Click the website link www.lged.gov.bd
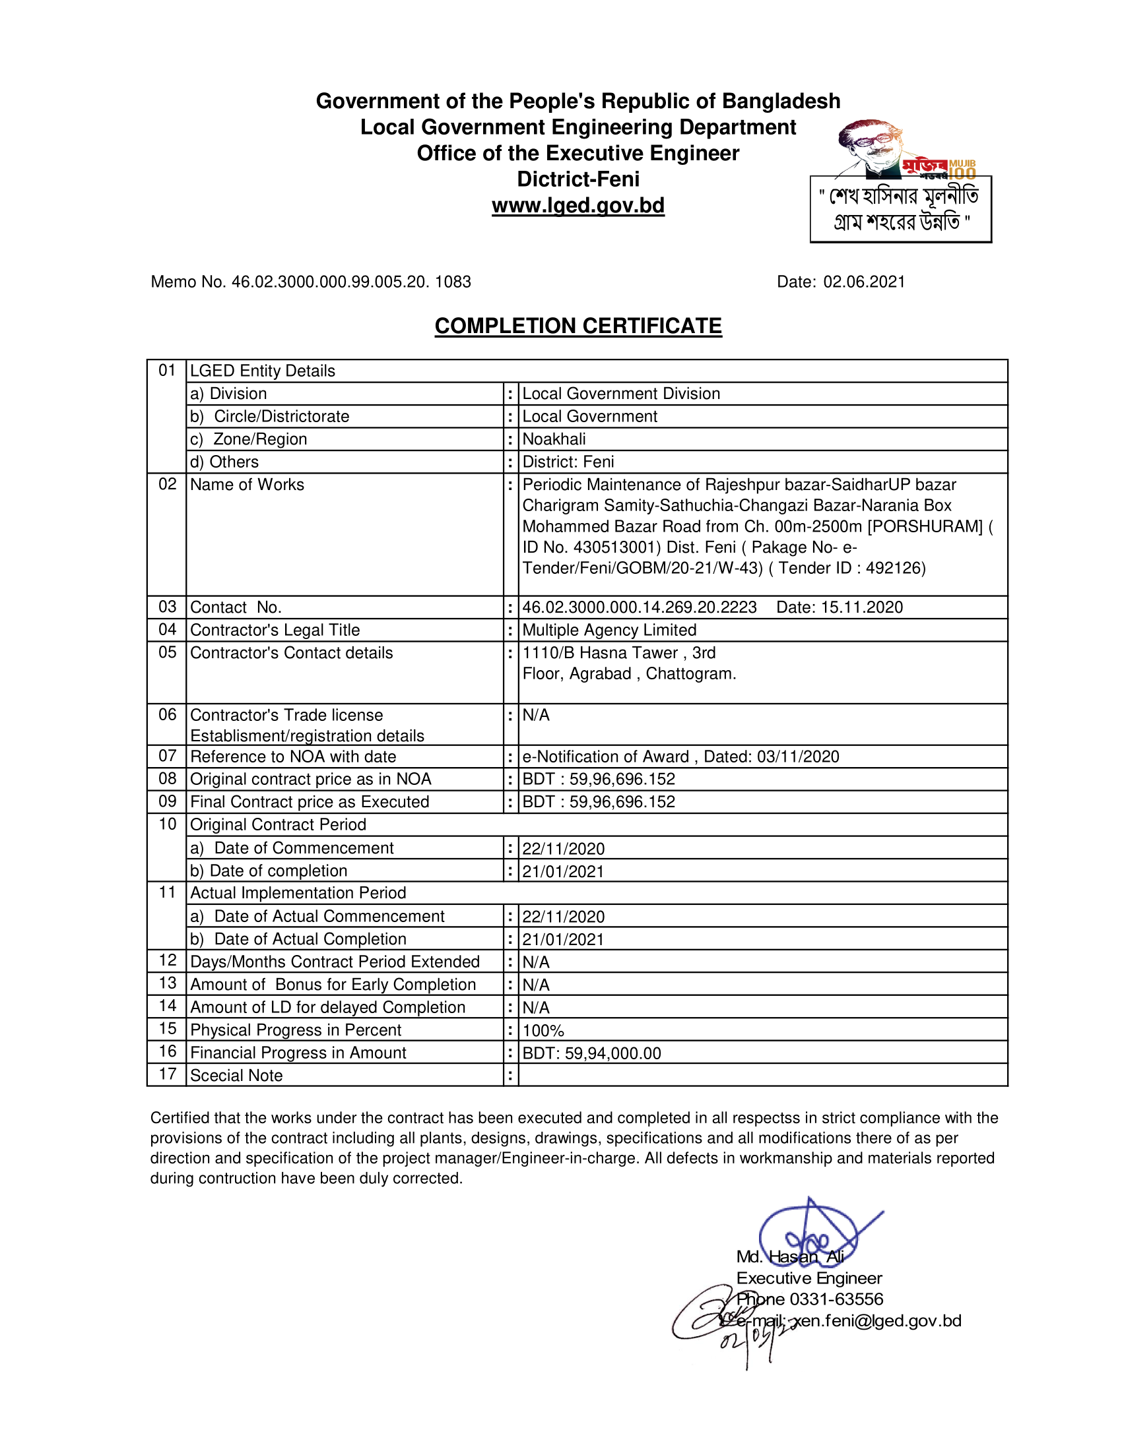[577, 205]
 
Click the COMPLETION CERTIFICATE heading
[577, 326]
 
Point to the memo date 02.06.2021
[864, 282]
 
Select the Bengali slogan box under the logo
[901, 209]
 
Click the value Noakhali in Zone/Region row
[554, 439]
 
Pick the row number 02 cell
[167, 484]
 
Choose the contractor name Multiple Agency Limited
[609, 630]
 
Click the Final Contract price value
[598, 802]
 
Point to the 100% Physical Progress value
[543, 1030]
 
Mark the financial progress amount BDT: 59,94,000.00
[591, 1053]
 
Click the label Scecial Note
[236, 1076]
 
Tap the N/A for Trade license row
[536, 716]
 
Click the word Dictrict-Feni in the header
[577, 179]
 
